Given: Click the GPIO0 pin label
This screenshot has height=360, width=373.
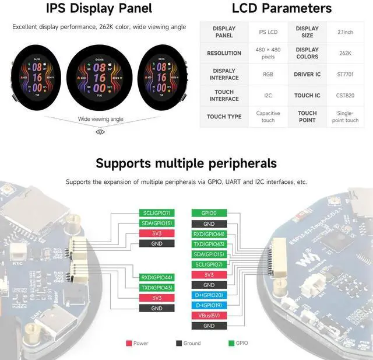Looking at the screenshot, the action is click(209, 214).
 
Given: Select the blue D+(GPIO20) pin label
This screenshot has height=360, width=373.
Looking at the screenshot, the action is click(209, 295).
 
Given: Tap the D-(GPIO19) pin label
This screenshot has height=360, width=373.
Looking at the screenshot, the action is click(209, 305).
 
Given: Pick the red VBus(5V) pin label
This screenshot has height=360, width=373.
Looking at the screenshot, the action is click(209, 316).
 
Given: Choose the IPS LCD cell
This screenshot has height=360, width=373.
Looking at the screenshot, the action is click(268, 32).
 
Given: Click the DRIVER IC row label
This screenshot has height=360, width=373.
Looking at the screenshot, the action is click(307, 74).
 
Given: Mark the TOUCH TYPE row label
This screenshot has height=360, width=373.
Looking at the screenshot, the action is click(224, 117).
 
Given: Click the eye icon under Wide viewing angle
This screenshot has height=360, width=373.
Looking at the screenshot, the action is click(100, 132).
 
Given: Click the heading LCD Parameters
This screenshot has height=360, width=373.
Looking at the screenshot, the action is click(281, 8).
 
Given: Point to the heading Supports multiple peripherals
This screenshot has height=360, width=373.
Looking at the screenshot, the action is click(186, 163).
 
